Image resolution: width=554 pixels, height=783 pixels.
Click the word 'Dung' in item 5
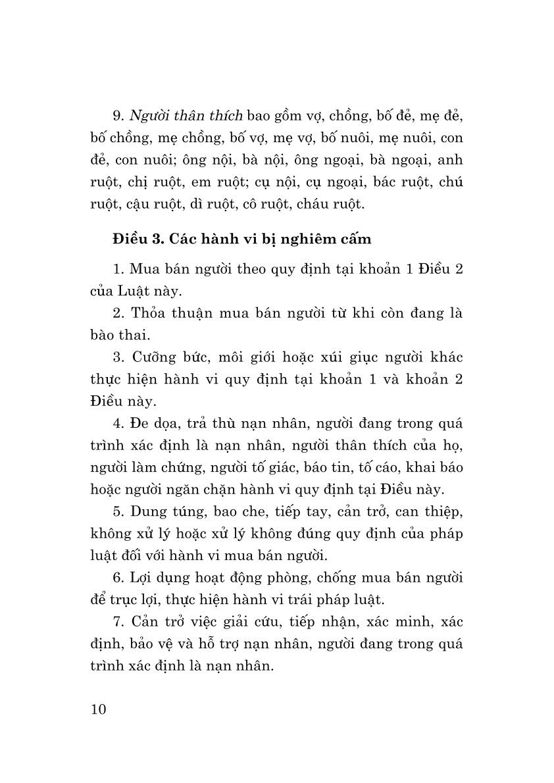[150, 511]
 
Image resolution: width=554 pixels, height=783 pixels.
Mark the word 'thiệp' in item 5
[441, 511]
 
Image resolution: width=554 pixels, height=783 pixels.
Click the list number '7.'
[118, 622]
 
